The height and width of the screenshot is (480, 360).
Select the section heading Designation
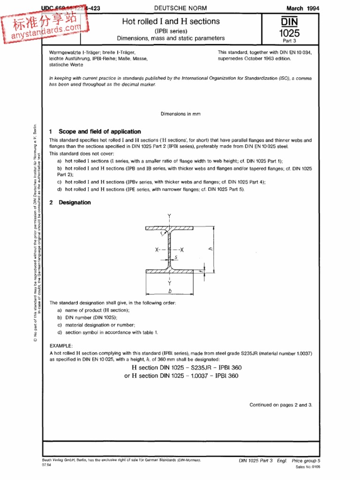[75, 202]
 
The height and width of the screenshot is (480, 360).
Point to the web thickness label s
[175, 257]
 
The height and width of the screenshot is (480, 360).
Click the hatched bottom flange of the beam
[169, 271]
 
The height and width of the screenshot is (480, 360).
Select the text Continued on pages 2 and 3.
[280, 405]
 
